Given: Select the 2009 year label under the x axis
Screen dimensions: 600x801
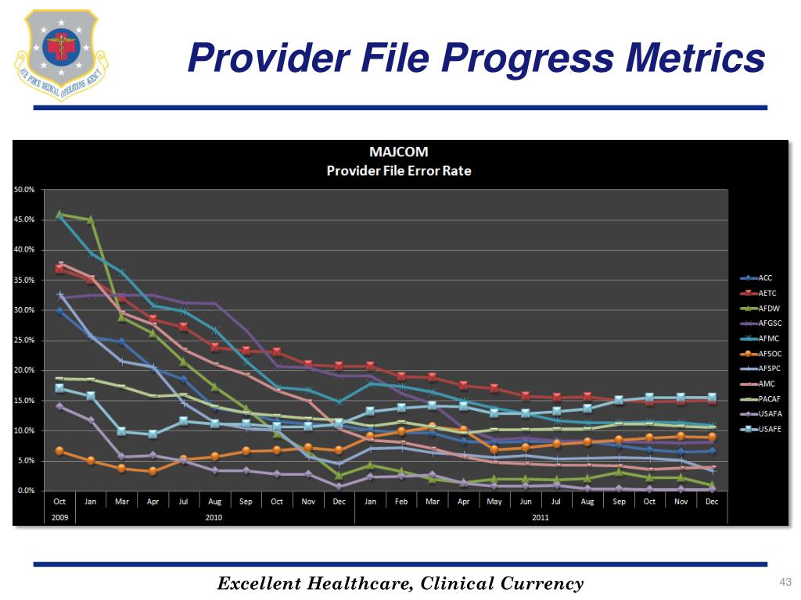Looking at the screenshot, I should click(x=59, y=517).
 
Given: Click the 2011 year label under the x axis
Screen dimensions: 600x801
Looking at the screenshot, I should click(x=540, y=517).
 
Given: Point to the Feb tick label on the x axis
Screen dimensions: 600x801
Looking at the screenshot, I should click(x=400, y=502).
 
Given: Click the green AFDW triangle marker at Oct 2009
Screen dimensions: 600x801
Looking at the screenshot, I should click(x=59, y=214).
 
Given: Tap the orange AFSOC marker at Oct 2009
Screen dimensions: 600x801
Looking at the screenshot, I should click(x=59, y=451).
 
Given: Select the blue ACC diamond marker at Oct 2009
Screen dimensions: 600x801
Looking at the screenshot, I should click(x=59, y=311).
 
